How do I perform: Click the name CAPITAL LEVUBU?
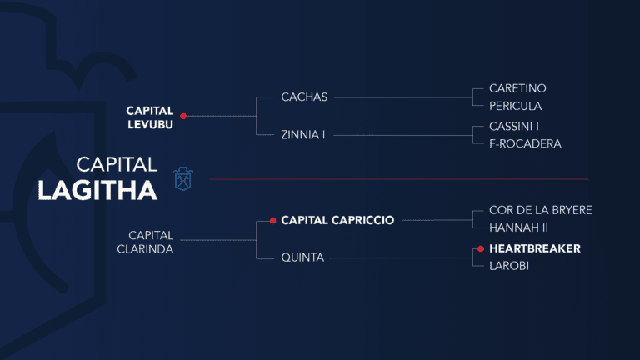click(149, 116)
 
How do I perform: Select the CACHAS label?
click(305, 97)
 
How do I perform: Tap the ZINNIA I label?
click(303, 134)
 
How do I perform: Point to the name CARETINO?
click(517, 88)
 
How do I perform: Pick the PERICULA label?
click(515, 106)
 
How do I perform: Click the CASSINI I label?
click(514, 126)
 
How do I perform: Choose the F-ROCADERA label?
click(525, 143)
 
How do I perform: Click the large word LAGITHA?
click(97, 191)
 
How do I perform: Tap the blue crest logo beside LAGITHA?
click(183, 178)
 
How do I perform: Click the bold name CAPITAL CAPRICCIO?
click(337, 221)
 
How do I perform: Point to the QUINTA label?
click(302, 257)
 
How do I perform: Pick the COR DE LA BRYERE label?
click(540, 210)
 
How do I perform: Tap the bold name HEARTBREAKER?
click(534, 248)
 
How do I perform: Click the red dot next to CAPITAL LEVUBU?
click(183, 116)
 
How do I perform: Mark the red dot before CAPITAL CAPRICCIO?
click(272, 221)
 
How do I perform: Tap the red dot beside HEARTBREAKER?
click(481, 248)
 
